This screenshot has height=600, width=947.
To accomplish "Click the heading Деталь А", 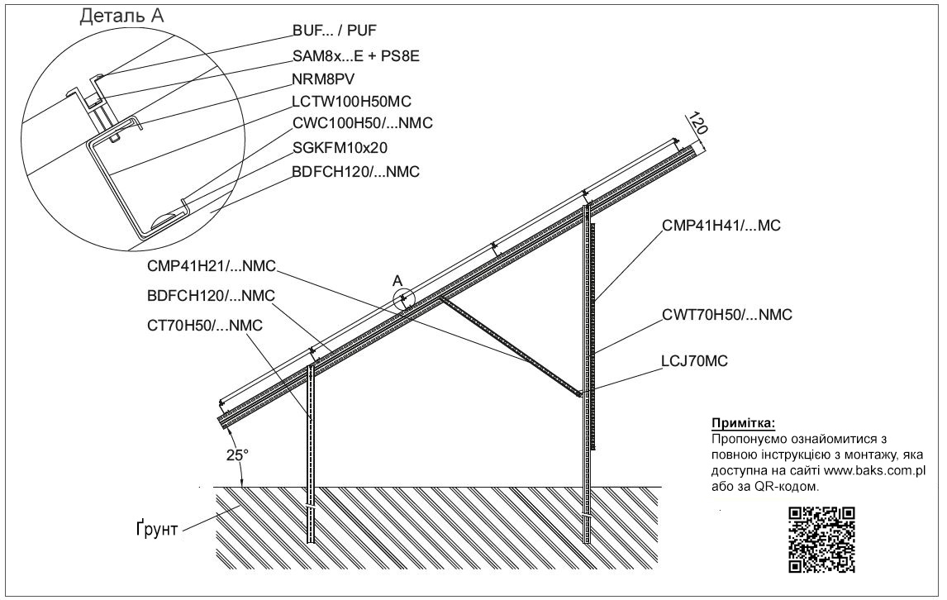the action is click(x=122, y=16).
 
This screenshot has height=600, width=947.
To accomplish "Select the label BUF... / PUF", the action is click(x=335, y=31).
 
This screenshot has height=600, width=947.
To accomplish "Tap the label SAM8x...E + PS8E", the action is click(x=355, y=56).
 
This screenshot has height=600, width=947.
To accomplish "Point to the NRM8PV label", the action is click(x=323, y=79).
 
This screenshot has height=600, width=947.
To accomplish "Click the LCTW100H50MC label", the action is click(x=351, y=102).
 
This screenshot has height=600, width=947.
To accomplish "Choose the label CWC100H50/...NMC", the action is click(x=363, y=123).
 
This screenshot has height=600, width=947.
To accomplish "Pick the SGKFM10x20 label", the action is click(x=340, y=147).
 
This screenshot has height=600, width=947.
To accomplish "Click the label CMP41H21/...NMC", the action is click(x=212, y=266).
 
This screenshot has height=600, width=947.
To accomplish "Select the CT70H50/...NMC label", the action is click(x=205, y=326).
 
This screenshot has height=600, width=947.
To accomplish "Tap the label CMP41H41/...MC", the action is click(x=721, y=226).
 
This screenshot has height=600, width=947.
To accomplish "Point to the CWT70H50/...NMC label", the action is click(x=727, y=315).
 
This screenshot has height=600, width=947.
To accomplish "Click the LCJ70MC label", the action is click(x=695, y=361).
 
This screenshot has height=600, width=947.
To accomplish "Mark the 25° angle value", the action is click(x=237, y=455).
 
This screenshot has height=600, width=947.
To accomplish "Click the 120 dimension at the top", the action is click(x=698, y=122).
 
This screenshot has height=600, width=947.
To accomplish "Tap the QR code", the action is click(x=822, y=540).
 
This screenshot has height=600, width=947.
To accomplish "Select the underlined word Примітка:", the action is click(x=743, y=423).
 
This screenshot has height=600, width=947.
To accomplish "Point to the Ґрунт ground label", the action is click(x=156, y=529).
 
